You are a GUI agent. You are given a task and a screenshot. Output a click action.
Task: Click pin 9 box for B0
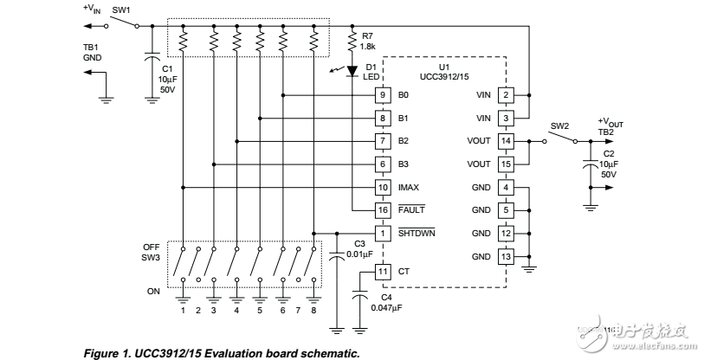(381, 93)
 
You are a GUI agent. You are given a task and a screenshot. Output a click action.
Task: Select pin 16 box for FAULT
(381, 210)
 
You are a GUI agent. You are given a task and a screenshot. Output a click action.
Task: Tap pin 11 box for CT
(381, 272)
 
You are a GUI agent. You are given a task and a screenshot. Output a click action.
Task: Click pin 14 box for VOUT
(506, 140)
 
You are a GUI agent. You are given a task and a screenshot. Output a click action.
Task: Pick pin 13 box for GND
(506, 257)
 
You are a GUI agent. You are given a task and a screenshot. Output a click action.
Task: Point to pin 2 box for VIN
(506, 93)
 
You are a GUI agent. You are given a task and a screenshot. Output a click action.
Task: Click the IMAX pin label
(410, 187)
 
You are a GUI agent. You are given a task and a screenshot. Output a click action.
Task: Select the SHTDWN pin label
(417, 234)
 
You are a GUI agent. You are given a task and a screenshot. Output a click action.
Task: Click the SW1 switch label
(121, 10)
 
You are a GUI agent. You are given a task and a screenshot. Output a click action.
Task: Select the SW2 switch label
(559, 125)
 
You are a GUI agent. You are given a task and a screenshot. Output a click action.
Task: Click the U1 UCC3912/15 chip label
(443, 72)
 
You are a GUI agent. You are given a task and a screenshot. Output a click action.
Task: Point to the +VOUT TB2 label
(610, 125)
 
